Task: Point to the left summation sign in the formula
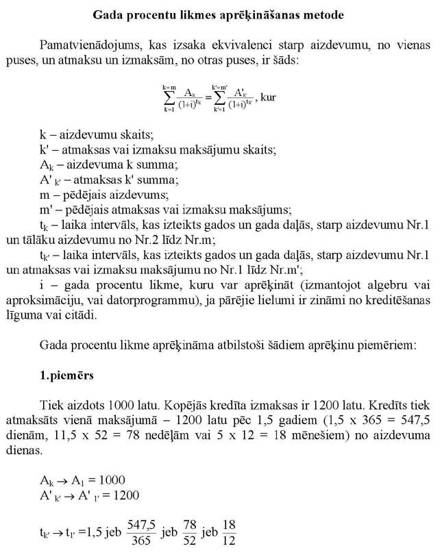[x=169, y=98]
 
